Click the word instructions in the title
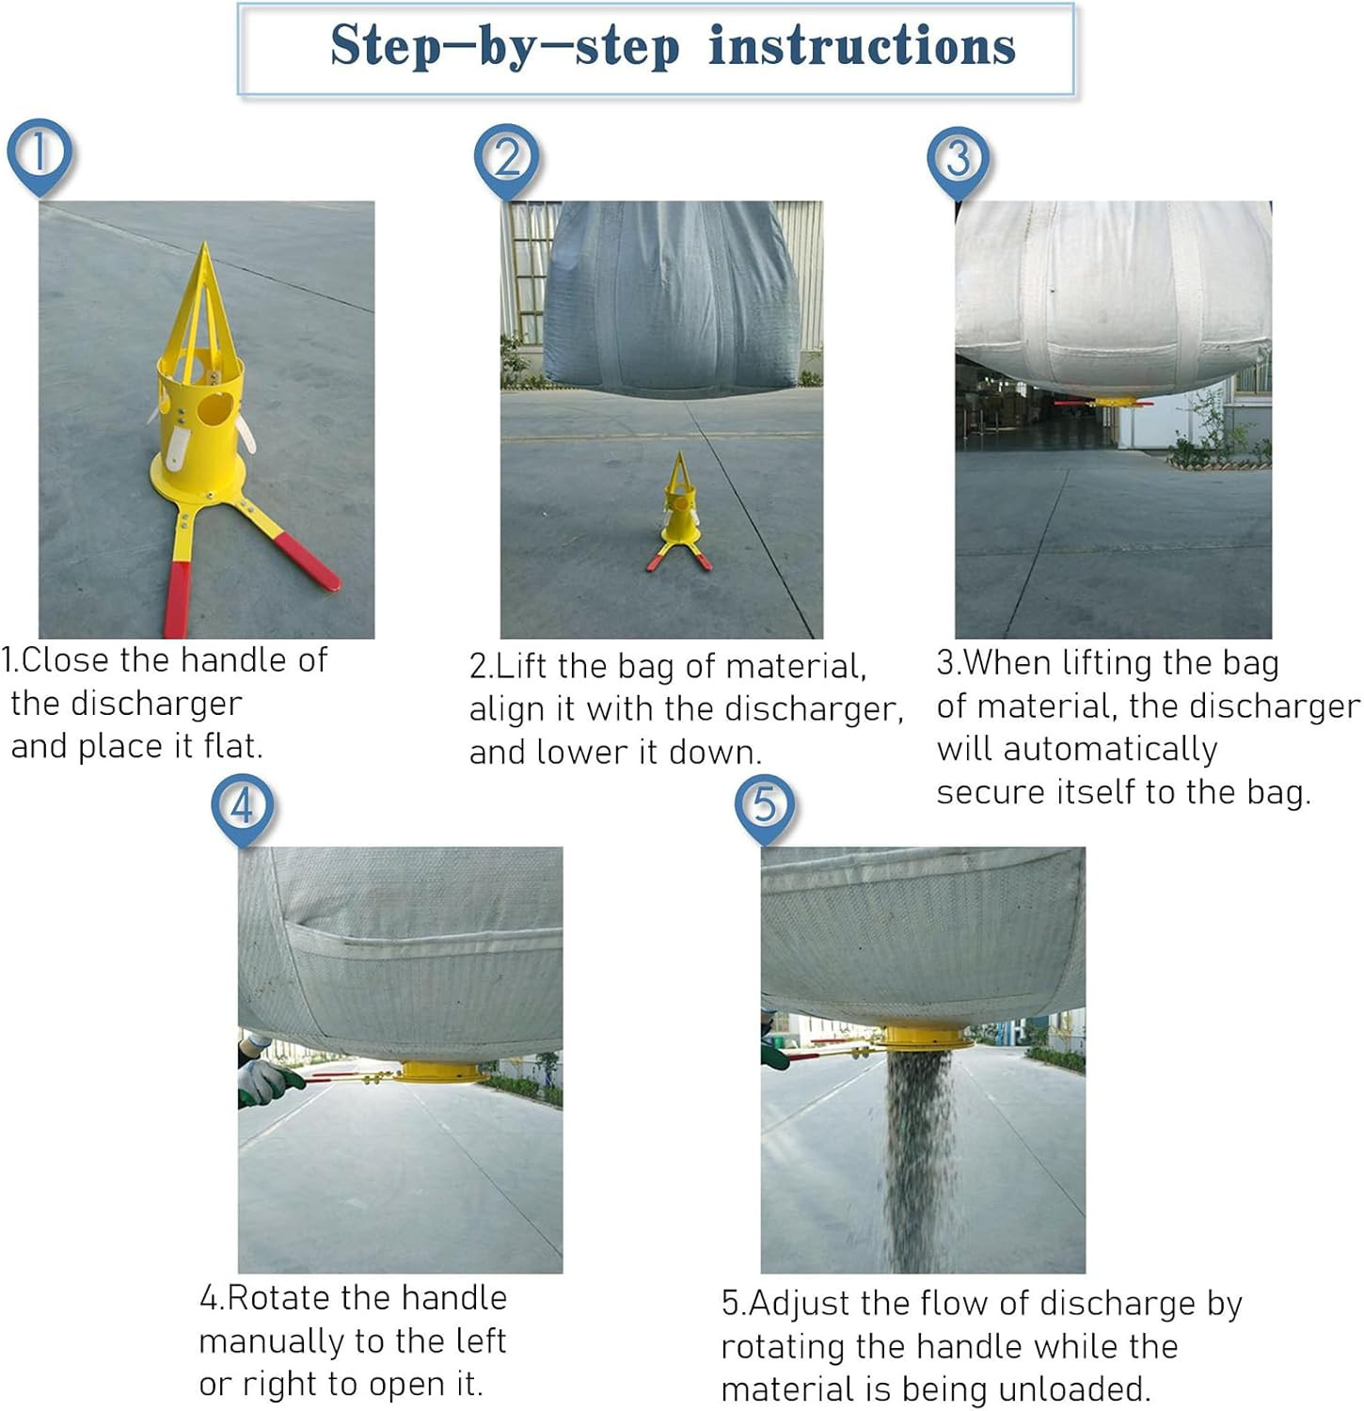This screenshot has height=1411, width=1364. click(x=862, y=46)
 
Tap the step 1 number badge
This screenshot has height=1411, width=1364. click(x=40, y=154)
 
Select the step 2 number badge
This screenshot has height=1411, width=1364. click(x=506, y=159)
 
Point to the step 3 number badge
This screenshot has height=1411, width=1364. click(x=959, y=161)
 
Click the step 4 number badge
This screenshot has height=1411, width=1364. click(x=243, y=808)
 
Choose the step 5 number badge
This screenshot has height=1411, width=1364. click(x=765, y=807)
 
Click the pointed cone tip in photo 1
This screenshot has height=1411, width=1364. click(x=205, y=245)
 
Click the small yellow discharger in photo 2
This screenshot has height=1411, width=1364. click(x=679, y=513)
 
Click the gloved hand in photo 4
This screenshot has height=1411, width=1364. click(x=266, y=1081)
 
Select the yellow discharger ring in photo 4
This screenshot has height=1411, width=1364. click(x=441, y=1071)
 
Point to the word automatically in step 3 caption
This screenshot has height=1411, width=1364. click(x=1110, y=749)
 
